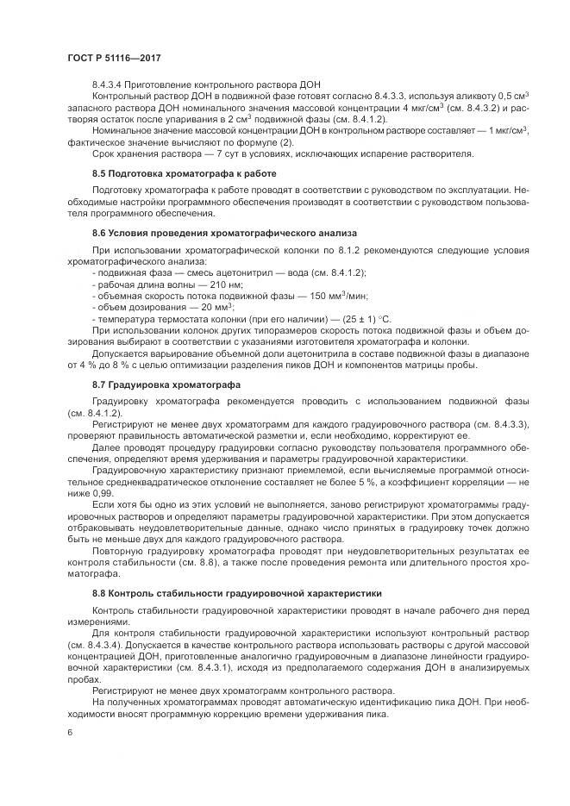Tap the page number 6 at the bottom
pyautogui.click(x=69, y=730)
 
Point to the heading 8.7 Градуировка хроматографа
pyautogui.click(x=166, y=384)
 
